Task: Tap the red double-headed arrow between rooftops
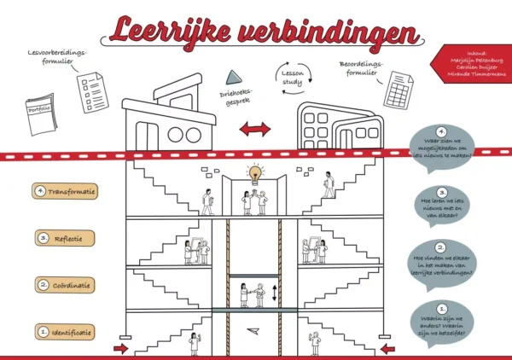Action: [254, 129]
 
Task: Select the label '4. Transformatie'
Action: [66, 191]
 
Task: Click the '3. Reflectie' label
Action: [66, 238]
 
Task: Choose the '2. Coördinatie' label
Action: [66, 285]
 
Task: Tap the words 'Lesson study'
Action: [294, 76]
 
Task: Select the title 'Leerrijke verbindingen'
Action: [264, 31]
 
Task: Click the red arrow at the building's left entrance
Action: [120, 349]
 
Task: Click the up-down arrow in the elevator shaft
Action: [274, 293]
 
